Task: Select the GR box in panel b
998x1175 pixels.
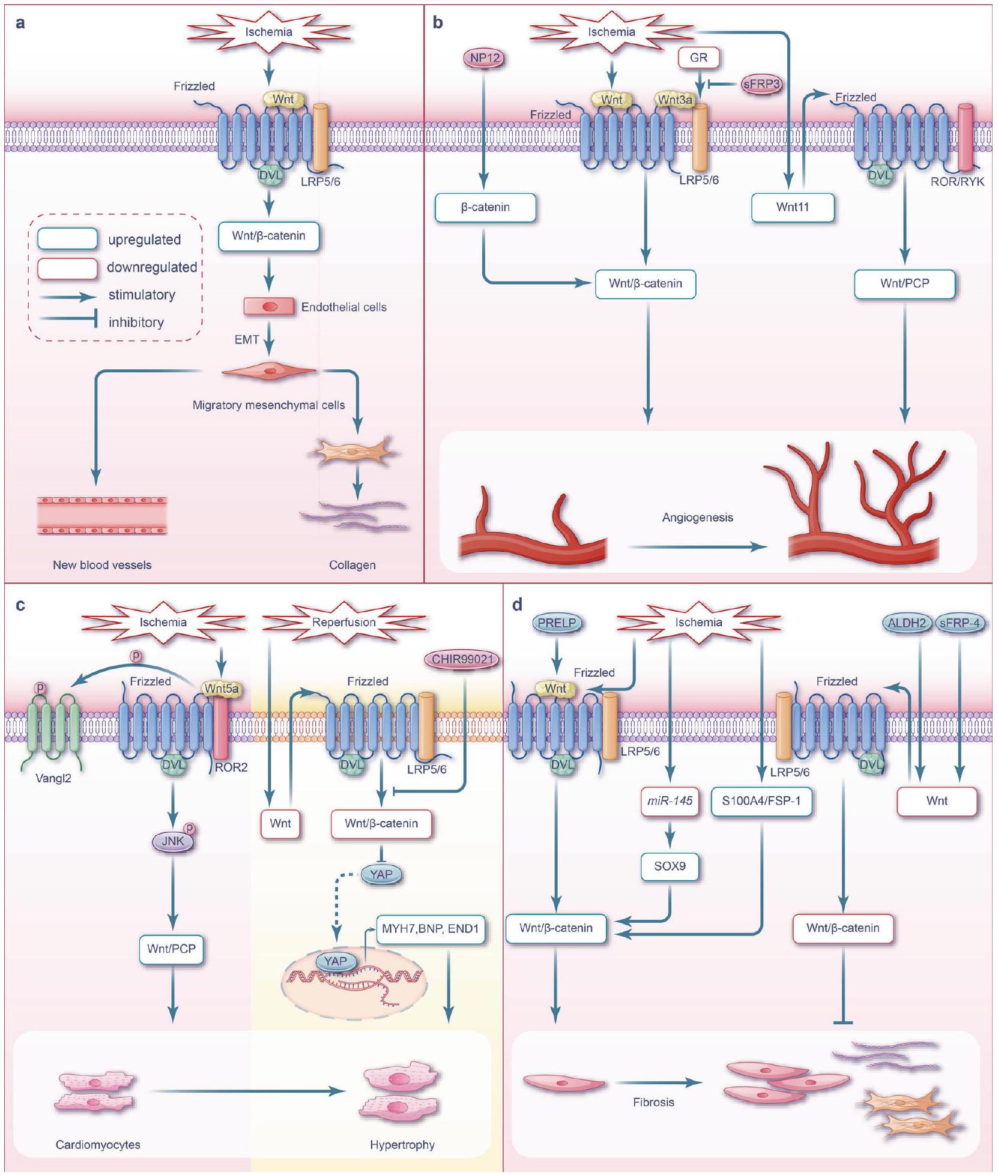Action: click(698, 58)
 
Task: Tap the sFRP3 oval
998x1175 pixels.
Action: click(761, 84)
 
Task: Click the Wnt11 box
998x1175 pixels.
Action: click(793, 207)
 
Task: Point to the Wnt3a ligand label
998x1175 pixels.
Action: click(676, 100)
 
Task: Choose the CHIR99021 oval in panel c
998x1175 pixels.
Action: click(462, 659)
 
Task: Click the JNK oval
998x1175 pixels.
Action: click(173, 841)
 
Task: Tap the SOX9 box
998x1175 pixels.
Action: click(670, 866)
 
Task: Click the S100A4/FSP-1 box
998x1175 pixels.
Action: click(761, 800)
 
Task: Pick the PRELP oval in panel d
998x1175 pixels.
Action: click(557, 623)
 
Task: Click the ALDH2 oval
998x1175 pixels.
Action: click(907, 623)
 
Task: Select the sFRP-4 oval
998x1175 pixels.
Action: click(960, 623)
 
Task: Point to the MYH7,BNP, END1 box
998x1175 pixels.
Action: click(430, 929)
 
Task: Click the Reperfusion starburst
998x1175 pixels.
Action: click(344, 622)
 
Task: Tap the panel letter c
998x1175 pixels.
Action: click(20, 605)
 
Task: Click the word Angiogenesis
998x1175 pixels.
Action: click(697, 518)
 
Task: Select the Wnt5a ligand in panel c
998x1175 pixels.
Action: click(222, 689)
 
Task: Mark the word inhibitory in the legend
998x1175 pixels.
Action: click(136, 322)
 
